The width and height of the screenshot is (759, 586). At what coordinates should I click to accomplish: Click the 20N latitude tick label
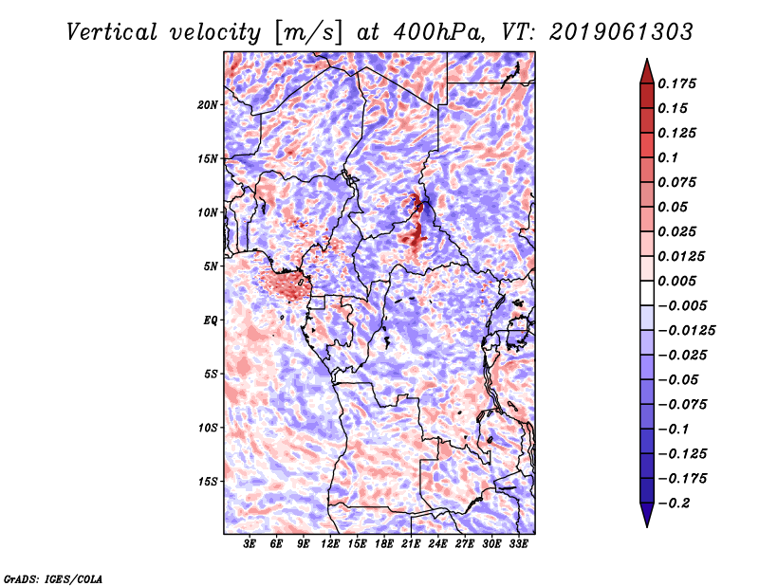(x=208, y=104)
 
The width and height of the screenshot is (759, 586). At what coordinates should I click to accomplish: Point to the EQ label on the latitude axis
(x=211, y=320)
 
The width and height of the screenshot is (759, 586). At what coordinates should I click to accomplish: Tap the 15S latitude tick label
(x=208, y=481)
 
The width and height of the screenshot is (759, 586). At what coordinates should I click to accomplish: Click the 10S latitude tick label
(x=208, y=428)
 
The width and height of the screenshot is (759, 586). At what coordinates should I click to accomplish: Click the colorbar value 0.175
(x=680, y=83)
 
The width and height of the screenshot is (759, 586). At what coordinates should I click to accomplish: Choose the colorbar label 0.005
(x=680, y=281)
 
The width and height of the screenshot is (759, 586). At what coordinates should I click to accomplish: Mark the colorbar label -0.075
(x=684, y=404)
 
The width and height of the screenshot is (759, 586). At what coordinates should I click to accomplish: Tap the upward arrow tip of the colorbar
(x=646, y=61)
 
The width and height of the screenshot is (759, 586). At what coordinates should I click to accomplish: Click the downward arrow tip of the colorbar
(x=646, y=524)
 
